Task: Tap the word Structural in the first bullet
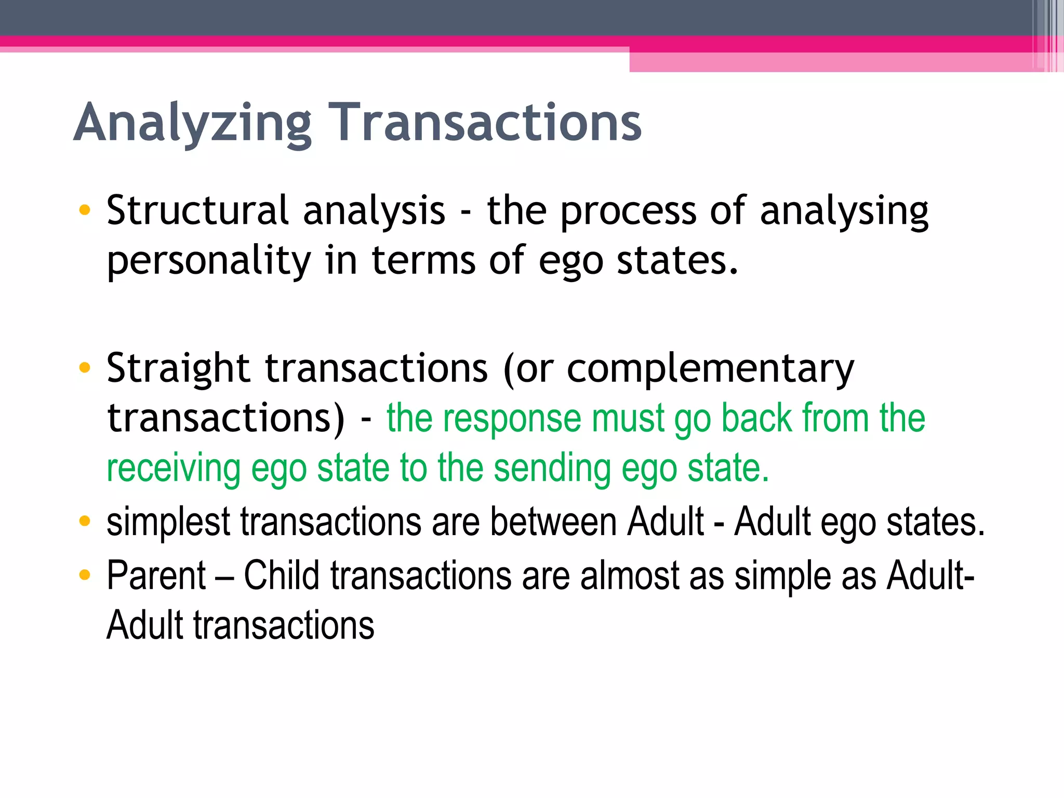pos(197,210)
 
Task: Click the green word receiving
pos(174,469)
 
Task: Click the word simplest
pos(168,522)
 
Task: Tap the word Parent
pos(156,576)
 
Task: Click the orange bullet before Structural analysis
pos(84,210)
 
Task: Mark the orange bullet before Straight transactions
pos(84,368)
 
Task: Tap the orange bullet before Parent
pos(84,575)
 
